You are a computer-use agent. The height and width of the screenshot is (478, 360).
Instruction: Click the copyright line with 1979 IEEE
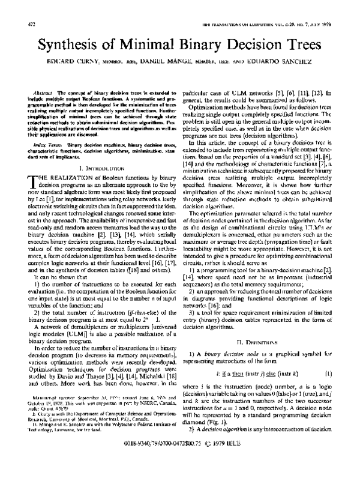coord(179,463)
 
